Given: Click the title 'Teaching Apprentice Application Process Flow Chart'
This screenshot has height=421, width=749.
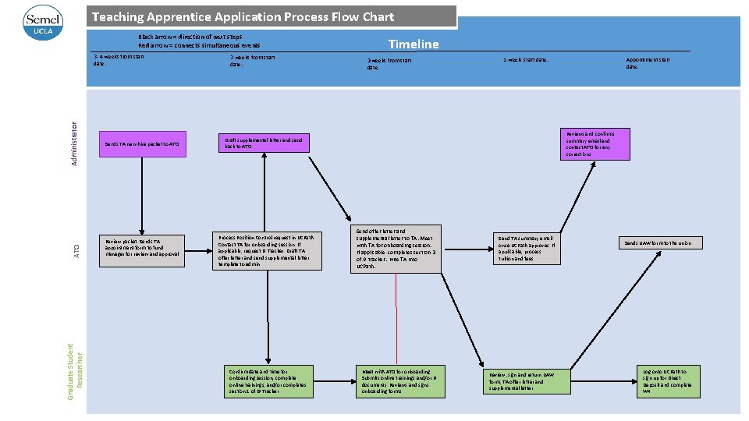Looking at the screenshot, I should pos(243,16).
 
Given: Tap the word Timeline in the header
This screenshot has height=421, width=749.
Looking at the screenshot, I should pos(414,44).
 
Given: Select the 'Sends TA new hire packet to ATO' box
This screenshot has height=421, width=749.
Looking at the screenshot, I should pos(143,145).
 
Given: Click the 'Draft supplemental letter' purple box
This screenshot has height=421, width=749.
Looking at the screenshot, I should pos(262,143).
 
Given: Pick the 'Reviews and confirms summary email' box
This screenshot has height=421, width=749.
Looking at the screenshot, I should pos(596,144).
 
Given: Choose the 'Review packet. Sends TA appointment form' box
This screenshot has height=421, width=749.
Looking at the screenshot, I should pos(143,250).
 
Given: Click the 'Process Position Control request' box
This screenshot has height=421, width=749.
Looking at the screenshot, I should pos(267,250).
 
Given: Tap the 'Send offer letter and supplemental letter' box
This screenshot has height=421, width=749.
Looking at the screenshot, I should pos(397,249).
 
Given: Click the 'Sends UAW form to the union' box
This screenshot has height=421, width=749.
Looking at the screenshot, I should pos(661,243).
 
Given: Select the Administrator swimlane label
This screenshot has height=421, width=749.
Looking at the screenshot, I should pos(75,144).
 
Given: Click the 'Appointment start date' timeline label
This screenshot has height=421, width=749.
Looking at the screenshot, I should pos(648,63).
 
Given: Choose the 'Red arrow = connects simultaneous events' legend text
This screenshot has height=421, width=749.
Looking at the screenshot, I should pos(199,47).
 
